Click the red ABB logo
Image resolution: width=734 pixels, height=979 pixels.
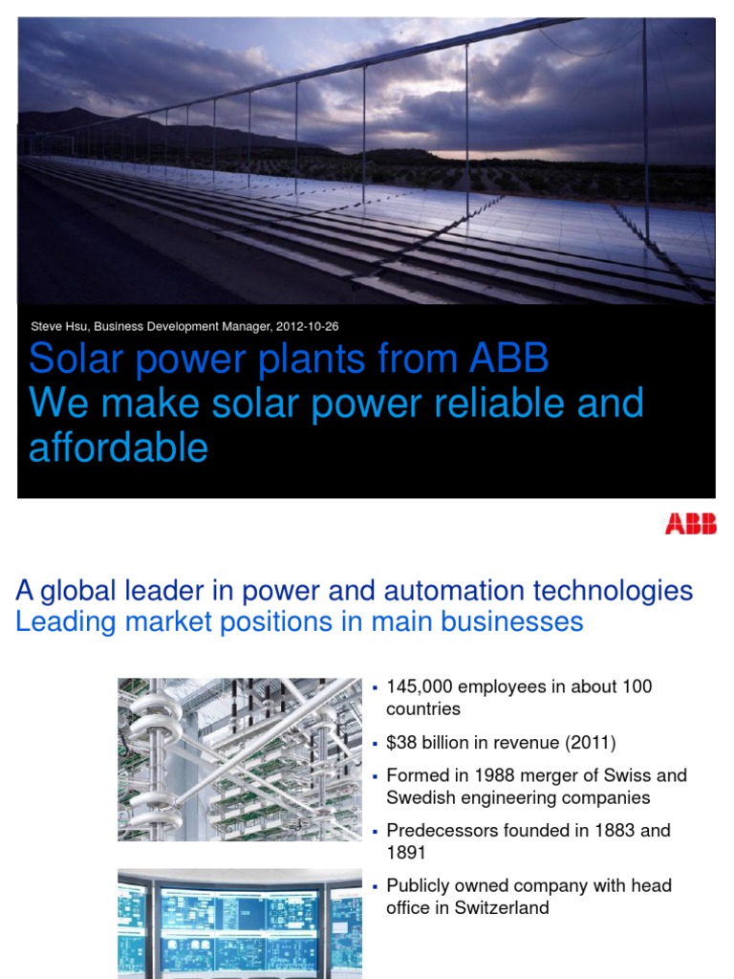point(690,523)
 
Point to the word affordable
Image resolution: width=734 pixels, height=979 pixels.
point(119,446)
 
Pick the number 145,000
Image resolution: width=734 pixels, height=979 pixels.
point(421,686)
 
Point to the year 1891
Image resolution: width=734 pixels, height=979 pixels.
point(407,852)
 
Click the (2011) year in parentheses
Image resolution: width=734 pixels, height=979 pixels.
point(586,742)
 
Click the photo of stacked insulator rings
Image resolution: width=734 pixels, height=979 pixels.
point(239,759)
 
